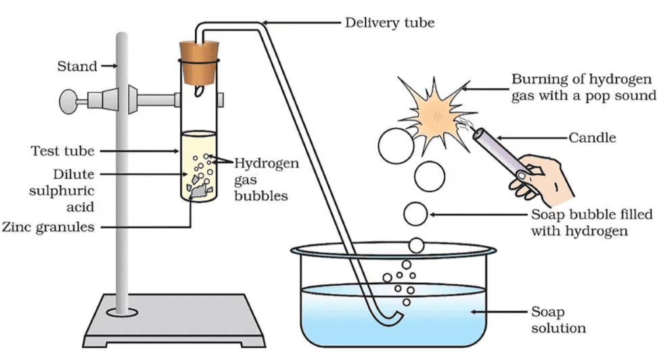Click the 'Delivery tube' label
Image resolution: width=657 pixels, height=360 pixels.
coord(389,22)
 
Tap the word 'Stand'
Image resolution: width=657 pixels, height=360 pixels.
coord(76,66)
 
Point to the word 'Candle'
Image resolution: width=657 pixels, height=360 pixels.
coord(592,137)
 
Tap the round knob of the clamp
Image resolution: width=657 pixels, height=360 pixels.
coord(67,102)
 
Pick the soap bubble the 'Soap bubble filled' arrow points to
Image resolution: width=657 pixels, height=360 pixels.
coord(415,214)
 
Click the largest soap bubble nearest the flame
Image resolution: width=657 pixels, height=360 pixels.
coord(395,146)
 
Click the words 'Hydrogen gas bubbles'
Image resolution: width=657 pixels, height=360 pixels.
coord(265,179)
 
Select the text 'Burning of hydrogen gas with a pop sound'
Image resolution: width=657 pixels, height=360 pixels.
coord(583,87)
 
